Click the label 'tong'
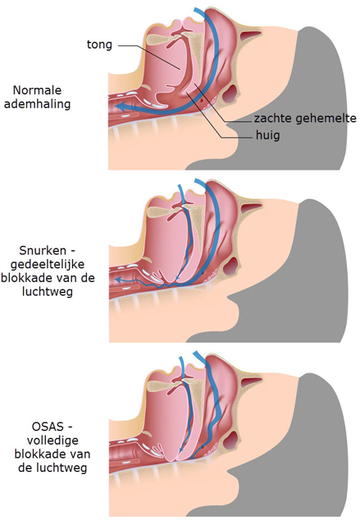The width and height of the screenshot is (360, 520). tap(99, 44)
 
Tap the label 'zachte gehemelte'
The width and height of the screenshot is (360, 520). tap(305, 118)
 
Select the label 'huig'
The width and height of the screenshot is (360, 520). tap(268, 135)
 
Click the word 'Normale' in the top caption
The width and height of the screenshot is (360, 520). tap(37, 90)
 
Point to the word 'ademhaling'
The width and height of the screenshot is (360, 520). tap(37, 104)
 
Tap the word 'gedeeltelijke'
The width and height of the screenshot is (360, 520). tap(48, 264)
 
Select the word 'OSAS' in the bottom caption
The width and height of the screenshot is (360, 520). tap(48, 426)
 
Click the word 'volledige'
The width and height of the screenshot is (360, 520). tap(52, 440)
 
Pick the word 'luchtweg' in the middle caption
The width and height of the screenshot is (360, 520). tap(48, 292)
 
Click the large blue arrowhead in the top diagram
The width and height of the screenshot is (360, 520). tap(120, 107)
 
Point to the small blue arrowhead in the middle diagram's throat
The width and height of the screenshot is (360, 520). tap(117, 281)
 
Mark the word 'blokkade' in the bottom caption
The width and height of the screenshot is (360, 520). tap(52, 454)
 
